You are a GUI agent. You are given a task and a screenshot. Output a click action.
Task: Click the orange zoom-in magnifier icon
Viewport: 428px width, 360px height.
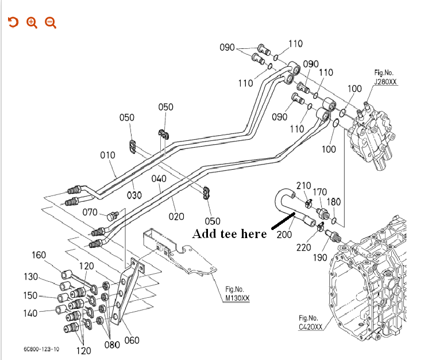[32, 22]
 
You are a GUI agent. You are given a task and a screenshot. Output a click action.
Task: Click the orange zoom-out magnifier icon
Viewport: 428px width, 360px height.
[51, 22]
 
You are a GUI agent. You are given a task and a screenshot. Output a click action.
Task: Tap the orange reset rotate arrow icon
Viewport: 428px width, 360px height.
[13, 22]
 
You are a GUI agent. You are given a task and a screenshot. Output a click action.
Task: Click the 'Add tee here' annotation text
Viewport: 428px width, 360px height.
[229, 233]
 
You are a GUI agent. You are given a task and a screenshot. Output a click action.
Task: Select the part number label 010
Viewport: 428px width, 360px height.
[107, 155]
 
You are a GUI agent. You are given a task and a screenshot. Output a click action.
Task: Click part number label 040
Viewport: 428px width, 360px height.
[159, 179]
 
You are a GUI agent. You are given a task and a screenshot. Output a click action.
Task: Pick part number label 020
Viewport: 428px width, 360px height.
[176, 216]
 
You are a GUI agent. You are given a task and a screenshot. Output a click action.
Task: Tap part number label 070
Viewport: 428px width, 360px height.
[90, 212]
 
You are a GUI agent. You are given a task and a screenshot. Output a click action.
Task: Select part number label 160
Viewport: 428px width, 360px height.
[38, 255]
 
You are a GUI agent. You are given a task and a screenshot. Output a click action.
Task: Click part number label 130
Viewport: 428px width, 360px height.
[30, 277]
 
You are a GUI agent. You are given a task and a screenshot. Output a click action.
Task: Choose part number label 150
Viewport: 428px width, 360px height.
[30, 296]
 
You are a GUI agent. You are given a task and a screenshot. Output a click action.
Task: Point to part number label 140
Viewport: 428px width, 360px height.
[30, 313]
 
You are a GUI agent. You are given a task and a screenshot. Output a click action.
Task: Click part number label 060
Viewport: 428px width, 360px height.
[132, 340]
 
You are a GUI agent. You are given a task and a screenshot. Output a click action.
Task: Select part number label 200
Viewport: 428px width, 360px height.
[284, 234]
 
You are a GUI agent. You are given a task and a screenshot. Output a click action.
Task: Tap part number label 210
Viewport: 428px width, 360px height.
[303, 185]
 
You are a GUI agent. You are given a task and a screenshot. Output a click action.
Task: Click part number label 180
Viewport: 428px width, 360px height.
[334, 202]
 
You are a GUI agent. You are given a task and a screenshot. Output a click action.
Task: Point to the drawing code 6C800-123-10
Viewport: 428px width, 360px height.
[41, 349]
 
